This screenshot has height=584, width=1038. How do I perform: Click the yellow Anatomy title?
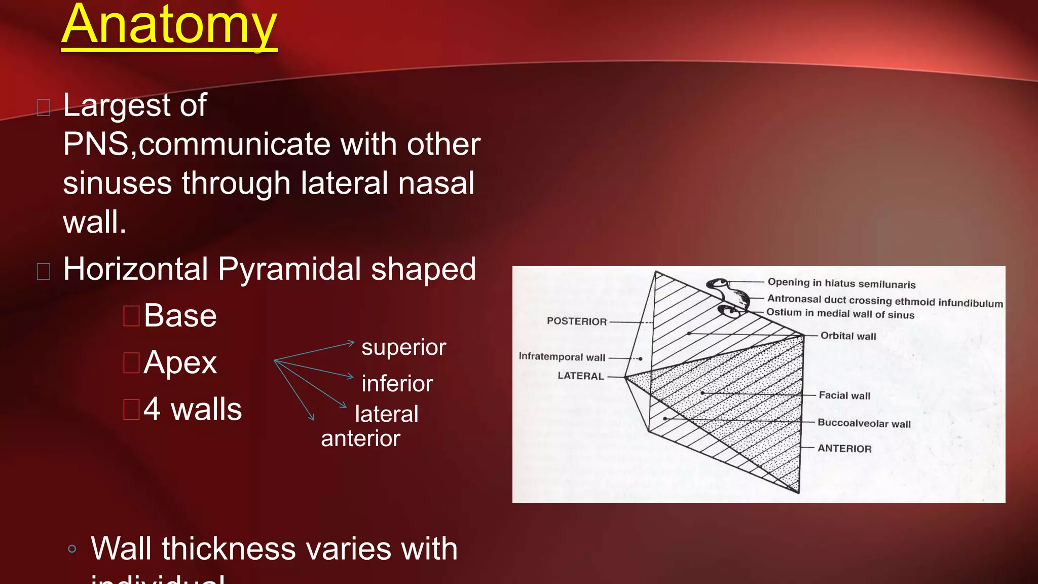[169, 25]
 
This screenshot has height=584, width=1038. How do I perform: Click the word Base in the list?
[180, 316]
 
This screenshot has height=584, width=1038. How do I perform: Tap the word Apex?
[180, 362]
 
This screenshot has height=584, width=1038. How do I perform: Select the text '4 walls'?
[193, 409]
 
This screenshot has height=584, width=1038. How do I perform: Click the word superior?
[403, 347]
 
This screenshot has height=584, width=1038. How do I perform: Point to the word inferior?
[397, 384]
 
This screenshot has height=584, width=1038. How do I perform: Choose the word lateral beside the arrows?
[386, 414]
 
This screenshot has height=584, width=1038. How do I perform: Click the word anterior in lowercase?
[360, 439]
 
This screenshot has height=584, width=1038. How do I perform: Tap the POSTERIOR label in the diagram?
[576, 321]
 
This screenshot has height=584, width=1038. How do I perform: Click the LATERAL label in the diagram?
[580, 376]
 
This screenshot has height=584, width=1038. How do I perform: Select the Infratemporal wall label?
[562, 357]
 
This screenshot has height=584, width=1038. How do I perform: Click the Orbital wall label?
[848, 336]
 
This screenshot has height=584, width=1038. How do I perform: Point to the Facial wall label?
[844, 395]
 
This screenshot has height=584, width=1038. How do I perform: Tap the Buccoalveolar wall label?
[864, 423]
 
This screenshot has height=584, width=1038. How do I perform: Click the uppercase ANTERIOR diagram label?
[844, 449]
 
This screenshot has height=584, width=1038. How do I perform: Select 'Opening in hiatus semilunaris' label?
[841, 283]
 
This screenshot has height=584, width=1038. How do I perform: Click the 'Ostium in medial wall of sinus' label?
[840, 314]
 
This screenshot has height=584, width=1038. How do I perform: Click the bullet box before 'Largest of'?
[44, 107]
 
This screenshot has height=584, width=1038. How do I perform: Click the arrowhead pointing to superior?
[351, 343]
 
